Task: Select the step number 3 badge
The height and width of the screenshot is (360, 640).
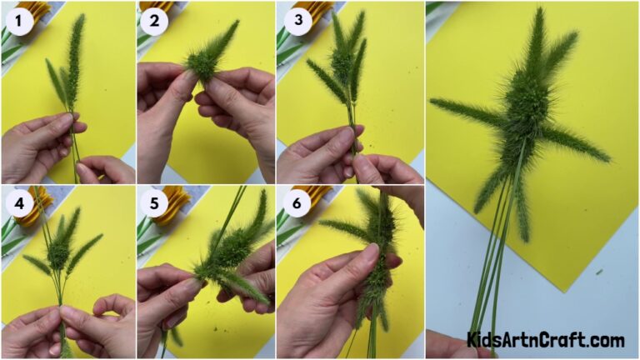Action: (295, 20)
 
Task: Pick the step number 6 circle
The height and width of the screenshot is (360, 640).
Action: (295, 202)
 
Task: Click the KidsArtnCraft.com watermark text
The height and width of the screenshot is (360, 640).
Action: (545, 340)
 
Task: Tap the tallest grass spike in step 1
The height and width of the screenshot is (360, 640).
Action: (76, 50)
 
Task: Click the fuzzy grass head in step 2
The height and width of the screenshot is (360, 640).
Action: (202, 62)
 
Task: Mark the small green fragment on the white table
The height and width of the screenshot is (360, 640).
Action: (599, 272)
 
